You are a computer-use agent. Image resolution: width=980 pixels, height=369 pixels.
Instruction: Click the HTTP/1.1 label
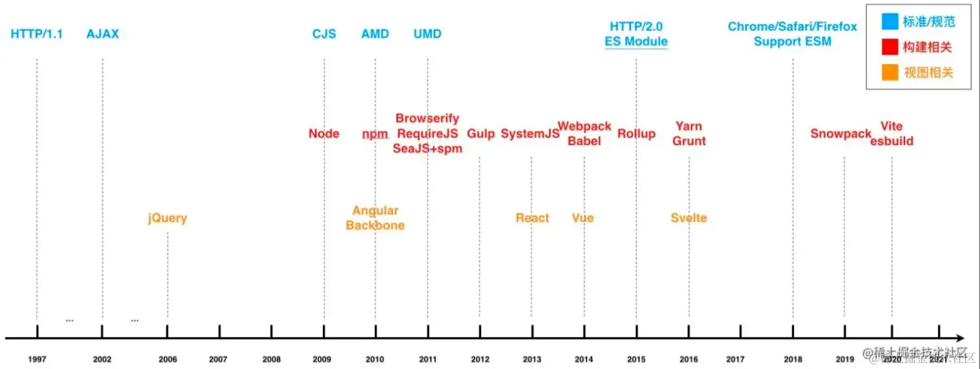(x=37, y=34)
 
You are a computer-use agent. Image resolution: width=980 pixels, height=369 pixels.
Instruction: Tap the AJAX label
(x=102, y=34)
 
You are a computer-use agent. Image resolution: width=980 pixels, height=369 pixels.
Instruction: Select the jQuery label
(x=167, y=218)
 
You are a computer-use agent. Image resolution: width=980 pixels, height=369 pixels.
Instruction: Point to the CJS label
(x=324, y=34)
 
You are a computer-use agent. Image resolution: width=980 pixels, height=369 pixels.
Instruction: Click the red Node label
(x=324, y=134)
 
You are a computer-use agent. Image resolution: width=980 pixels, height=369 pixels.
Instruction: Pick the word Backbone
(x=375, y=225)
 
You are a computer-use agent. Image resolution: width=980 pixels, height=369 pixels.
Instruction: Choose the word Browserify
(x=427, y=118)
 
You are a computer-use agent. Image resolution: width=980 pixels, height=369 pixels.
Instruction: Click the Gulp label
(x=481, y=134)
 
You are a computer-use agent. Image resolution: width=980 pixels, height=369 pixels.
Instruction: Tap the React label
(x=532, y=218)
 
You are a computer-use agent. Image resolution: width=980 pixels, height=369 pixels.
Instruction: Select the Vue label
(x=583, y=218)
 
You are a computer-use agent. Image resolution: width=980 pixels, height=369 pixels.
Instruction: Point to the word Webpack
(x=584, y=126)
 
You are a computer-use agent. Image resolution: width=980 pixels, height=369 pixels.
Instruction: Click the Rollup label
(x=636, y=134)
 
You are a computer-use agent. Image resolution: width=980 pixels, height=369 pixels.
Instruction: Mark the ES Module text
(x=636, y=41)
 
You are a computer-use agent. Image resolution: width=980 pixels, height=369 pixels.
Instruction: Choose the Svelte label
(x=689, y=218)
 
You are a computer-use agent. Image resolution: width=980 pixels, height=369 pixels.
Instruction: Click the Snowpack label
(x=841, y=134)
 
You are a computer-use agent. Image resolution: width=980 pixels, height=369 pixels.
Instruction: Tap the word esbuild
(x=892, y=141)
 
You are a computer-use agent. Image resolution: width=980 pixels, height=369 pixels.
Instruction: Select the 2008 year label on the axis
(x=271, y=360)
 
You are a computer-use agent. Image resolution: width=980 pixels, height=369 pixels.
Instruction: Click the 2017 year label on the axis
(x=735, y=360)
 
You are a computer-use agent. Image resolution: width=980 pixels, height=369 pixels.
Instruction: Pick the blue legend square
(x=889, y=21)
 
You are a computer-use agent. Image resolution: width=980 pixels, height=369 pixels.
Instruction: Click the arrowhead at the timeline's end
(x=960, y=338)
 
